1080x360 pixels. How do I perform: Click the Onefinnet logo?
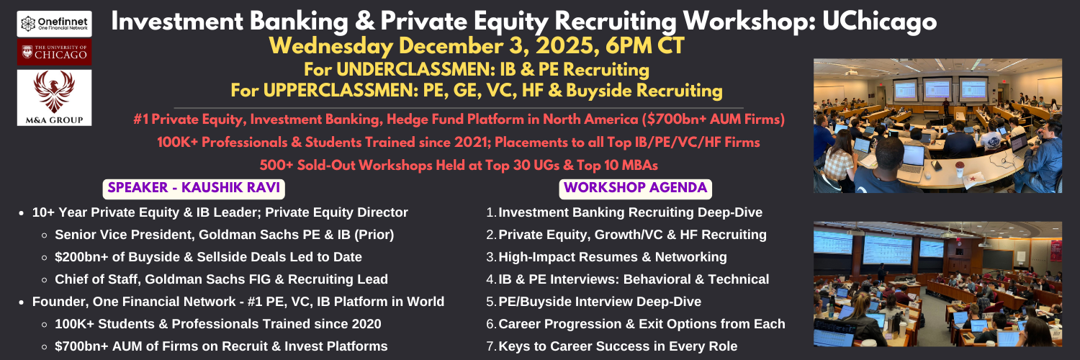[x=55, y=24]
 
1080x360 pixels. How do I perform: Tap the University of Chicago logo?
[x=55, y=52]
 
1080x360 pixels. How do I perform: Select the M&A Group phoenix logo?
[x=55, y=98]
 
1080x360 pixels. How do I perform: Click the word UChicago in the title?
[x=879, y=21]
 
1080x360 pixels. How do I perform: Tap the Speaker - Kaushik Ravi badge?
[x=194, y=189]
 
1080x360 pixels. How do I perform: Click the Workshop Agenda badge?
[x=636, y=189]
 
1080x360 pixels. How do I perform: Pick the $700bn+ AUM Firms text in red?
[x=713, y=119]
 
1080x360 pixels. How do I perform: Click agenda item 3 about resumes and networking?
[x=606, y=257]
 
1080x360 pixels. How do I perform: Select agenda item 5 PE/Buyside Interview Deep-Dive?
[x=593, y=302]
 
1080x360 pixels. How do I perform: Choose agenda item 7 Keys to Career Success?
[x=612, y=346]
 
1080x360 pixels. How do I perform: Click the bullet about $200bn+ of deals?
[x=208, y=257]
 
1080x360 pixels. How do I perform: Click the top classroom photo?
[x=937, y=126]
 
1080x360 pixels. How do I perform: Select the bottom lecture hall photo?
[x=937, y=284]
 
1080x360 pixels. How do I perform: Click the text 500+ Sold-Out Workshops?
[x=346, y=166]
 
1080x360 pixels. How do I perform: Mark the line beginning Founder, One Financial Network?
[x=238, y=302]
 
